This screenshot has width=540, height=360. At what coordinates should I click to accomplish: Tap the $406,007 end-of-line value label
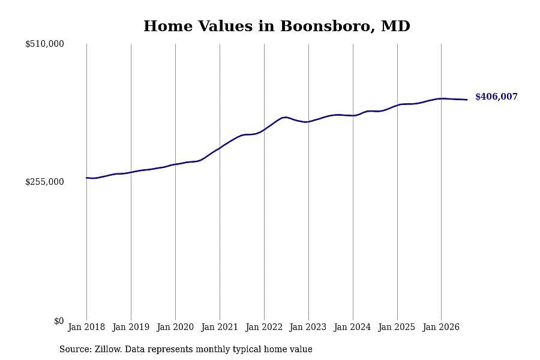(x=496, y=97)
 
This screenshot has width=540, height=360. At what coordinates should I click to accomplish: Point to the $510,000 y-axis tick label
(x=44, y=44)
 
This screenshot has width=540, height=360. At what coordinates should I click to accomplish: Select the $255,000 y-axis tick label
(x=44, y=182)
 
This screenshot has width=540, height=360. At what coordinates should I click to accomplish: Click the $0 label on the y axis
(x=59, y=321)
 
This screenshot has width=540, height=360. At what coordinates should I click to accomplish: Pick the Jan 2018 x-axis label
(x=86, y=327)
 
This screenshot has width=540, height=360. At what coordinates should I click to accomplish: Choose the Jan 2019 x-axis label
(x=131, y=327)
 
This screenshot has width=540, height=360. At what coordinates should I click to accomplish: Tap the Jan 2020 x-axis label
(x=175, y=327)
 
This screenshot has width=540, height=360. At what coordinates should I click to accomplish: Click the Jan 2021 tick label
(x=220, y=327)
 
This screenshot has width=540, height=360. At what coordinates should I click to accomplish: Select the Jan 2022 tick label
(x=264, y=327)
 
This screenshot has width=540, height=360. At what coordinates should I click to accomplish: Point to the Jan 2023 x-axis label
(x=308, y=327)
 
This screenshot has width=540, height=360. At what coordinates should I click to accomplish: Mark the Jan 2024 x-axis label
(x=353, y=327)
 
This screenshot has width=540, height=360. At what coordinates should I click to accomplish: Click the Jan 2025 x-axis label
(x=397, y=327)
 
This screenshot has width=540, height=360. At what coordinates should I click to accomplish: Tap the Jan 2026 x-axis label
(x=441, y=327)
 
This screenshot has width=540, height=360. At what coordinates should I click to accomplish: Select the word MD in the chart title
(x=396, y=26)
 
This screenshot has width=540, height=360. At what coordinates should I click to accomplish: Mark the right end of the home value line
(x=467, y=100)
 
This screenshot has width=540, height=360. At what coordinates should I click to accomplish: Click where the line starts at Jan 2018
(x=86, y=178)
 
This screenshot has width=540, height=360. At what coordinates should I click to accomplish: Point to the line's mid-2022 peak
(x=284, y=117)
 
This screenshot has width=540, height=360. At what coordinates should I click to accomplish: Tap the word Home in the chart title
(x=168, y=26)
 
